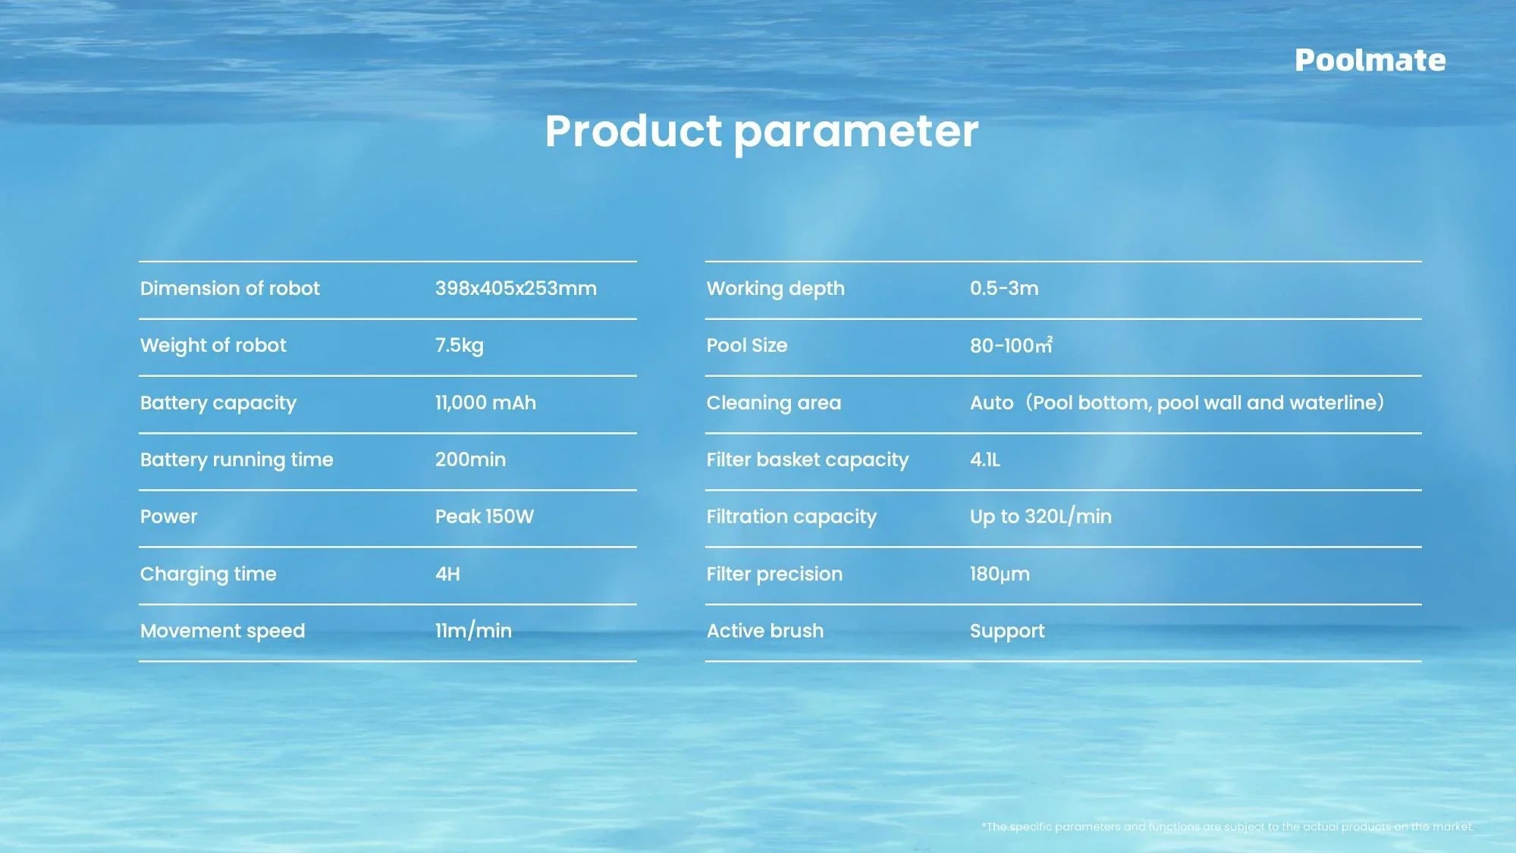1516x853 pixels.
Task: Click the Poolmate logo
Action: (1370, 61)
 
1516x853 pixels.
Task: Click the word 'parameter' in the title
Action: (856, 133)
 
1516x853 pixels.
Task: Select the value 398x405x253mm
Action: (516, 289)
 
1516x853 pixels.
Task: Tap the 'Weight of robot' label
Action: (213, 346)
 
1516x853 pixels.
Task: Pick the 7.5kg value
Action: (459, 346)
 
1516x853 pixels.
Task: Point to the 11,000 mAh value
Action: (485, 403)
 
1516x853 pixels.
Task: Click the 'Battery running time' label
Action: (237, 459)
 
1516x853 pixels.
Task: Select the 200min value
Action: (470, 459)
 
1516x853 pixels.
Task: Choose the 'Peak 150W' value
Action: (484, 517)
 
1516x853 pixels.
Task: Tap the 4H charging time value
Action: (447, 574)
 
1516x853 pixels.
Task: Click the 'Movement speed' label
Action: (222, 631)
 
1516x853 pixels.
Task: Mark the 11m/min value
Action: (473, 631)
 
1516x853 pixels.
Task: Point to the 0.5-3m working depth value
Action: (1004, 289)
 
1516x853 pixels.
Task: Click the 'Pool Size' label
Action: (747, 346)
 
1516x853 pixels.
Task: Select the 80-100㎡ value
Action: (1011, 346)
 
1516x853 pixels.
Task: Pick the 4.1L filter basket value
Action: (985, 459)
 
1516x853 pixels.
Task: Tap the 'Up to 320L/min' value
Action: (1040, 517)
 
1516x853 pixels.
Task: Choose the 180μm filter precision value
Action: (1000, 574)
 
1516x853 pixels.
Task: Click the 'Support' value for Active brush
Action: (1007, 631)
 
